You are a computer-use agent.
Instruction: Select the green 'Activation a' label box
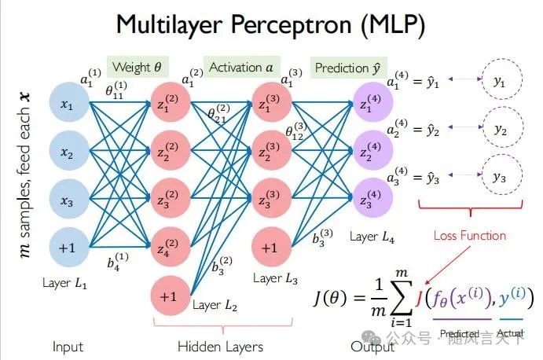point(241,68)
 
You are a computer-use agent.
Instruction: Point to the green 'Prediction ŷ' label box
point(346,68)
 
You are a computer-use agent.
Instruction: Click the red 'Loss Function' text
point(470,235)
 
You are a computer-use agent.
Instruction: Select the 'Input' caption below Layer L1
point(68,346)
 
